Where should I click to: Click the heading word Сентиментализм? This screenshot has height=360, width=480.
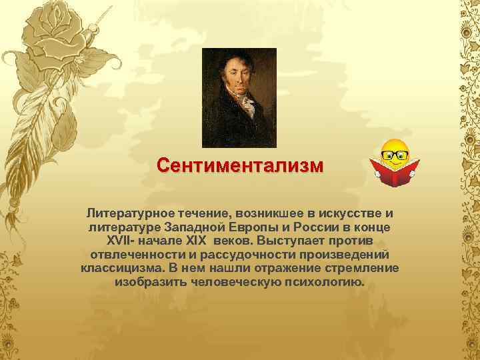(x=239, y=164)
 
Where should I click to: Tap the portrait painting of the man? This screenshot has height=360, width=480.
(x=239, y=98)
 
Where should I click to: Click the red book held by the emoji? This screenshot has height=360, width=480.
(x=395, y=172)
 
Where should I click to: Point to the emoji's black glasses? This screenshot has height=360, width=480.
(x=395, y=155)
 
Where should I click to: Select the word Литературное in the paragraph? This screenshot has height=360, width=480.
(x=123, y=213)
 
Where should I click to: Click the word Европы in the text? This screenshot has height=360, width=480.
(x=236, y=227)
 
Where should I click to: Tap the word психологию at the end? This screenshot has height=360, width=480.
(x=323, y=283)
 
